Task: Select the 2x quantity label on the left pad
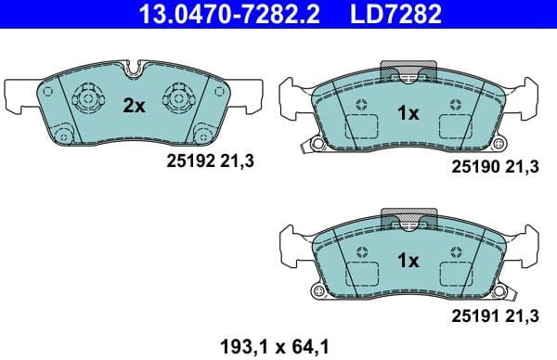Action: coord(135,106)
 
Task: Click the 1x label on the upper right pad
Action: coord(408,113)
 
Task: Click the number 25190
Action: coord(473,166)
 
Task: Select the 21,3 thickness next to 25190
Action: coord(525,166)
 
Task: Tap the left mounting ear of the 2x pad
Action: coord(20,93)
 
